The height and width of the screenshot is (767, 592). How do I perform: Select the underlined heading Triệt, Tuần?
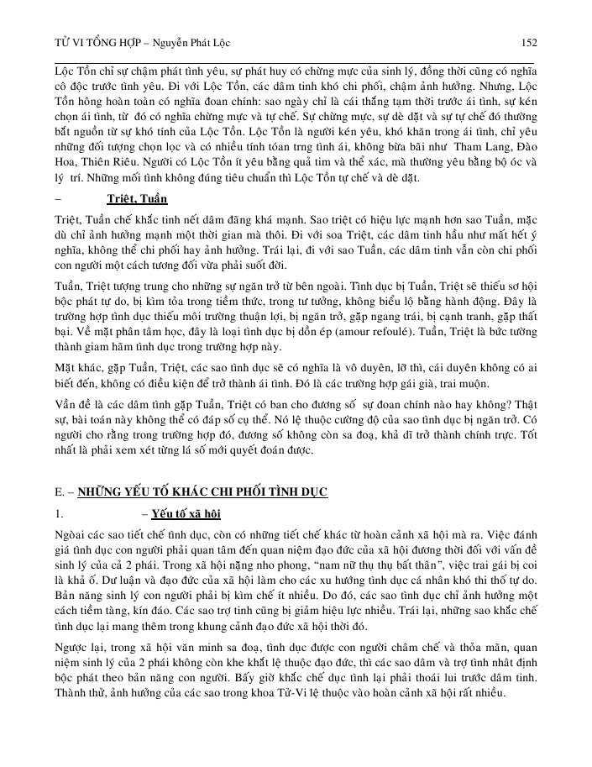pos(138,199)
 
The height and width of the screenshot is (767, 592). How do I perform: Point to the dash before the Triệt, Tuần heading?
pos(56,199)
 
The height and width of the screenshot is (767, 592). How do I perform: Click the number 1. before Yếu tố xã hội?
pos(58,512)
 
